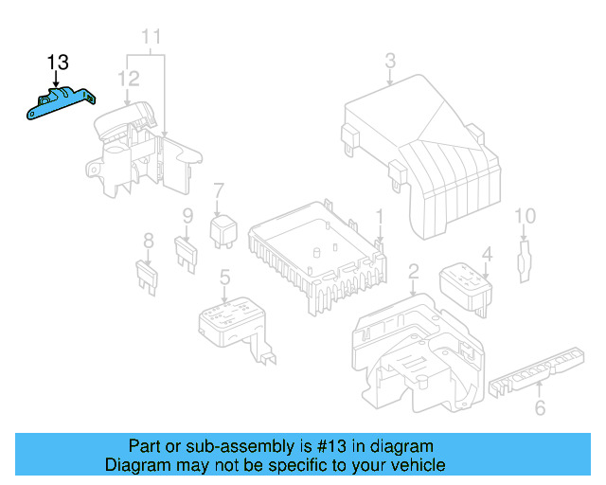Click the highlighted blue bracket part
click(x=60, y=103)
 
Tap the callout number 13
click(x=58, y=63)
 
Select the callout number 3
click(x=390, y=61)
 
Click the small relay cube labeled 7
click(x=223, y=231)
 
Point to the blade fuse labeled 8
click(x=148, y=277)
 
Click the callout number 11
click(x=151, y=37)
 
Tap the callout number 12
click(x=129, y=79)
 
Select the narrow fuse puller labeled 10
click(x=524, y=261)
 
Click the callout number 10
click(x=526, y=216)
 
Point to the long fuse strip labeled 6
click(x=537, y=372)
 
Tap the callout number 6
click(x=541, y=407)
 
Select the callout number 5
click(x=225, y=278)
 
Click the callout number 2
click(x=414, y=272)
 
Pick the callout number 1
click(x=380, y=217)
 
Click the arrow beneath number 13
click(x=57, y=80)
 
